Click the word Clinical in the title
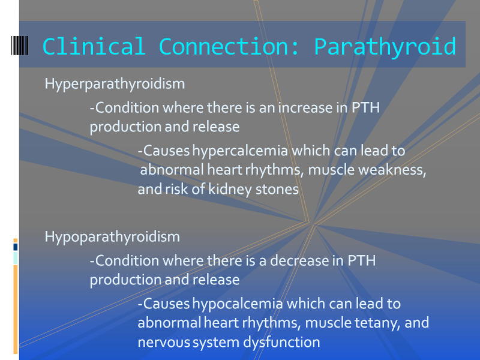coord(94,47)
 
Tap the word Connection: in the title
coord(229,47)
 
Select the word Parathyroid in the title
coord(385,47)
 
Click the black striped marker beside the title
coord(20,46)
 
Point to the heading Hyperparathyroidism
coord(115,84)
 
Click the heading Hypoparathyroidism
coord(112,237)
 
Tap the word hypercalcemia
coord(241,151)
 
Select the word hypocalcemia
coord(238,304)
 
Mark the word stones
coord(277,190)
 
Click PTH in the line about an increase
coord(365,107)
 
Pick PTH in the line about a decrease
coord(362,260)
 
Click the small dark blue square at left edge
coord(16,247)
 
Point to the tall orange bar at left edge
coord(16,309)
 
